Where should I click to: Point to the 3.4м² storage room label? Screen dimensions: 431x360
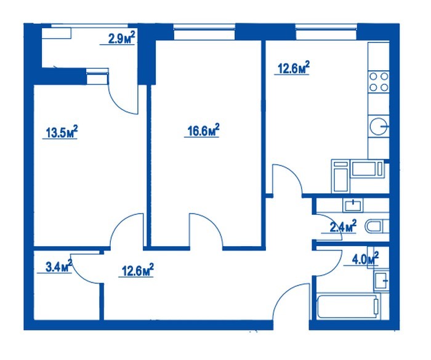pyautogui.click(x=58, y=266)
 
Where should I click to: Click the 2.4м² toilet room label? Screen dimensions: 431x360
pyautogui.click(x=343, y=226)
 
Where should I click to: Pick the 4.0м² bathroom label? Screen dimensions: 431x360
pyautogui.click(x=365, y=258)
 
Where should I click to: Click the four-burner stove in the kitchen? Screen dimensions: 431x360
pyautogui.click(x=379, y=82)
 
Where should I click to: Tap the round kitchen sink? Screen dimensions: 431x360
pyautogui.click(x=379, y=126)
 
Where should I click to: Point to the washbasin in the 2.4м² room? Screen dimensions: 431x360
pyautogui.click(x=353, y=205)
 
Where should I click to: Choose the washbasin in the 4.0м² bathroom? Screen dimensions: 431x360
pyautogui.click(x=382, y=280)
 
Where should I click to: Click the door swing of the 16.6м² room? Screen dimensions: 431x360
pyautogui.click(x=214, y=223)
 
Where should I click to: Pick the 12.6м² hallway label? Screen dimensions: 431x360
pyautogui.click(x=137, y=270)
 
